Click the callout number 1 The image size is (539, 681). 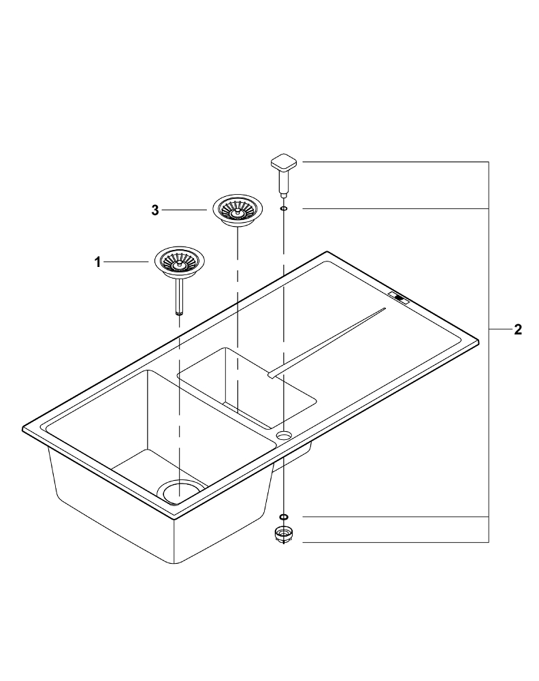point(97,262)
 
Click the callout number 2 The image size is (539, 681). point(517,330)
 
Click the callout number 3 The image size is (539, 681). point(155,210)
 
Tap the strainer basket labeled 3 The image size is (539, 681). point(238,210)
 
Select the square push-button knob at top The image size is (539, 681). point(284,163)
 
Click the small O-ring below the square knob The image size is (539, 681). point(283,209)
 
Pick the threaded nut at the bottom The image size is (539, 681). point(283,534)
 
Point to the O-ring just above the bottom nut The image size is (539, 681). point(283,517)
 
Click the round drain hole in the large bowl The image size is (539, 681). point(182,491)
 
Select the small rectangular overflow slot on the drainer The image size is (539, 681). point(399,297)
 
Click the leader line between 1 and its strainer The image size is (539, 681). point(127,262)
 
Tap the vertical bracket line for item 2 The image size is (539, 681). point(489,352)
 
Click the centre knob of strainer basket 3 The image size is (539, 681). point(238,212)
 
